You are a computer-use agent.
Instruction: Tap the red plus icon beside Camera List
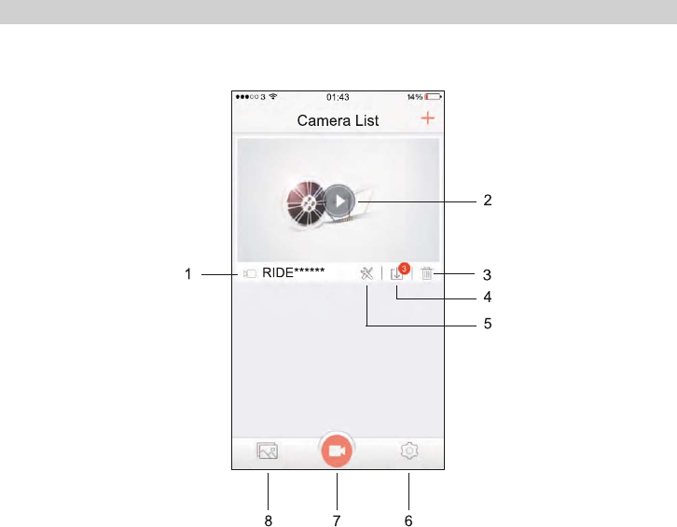point(428,118)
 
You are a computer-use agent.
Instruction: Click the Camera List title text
point(338,120)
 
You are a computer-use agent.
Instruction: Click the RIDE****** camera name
point(293,273)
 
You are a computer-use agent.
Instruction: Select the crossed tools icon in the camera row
point(367,273)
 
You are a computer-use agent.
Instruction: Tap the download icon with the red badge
point(398,272)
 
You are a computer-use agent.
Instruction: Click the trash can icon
point(427,273)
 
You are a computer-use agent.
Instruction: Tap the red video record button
point(338,451)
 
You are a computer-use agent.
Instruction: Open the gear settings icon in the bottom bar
point(408,451)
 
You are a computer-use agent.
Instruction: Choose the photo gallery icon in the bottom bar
point(268,451)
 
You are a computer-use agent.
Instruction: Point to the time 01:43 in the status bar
point(338,96)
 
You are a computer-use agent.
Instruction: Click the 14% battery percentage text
point(413,96)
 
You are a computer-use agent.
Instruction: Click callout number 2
point(487,200)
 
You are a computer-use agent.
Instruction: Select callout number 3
point(487,274)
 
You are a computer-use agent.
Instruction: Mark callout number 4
point(487,298)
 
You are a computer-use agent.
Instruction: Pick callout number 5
point(487,326)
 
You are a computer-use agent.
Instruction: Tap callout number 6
point(408,520)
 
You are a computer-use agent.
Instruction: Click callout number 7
point(338,520)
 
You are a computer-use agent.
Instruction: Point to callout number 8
point(269,520)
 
